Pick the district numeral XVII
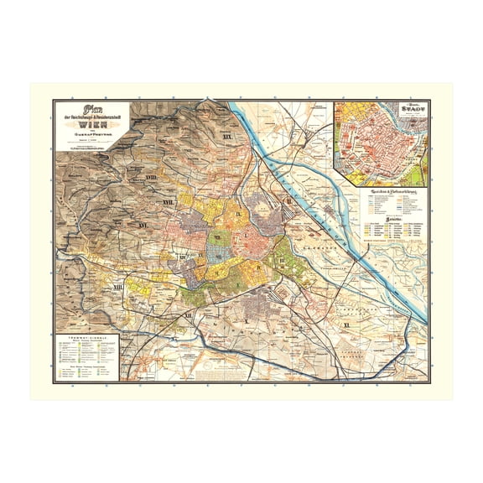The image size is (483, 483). pos(132,201)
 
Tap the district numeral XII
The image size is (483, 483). pos(190,314)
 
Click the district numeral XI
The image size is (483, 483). pos(370,323)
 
